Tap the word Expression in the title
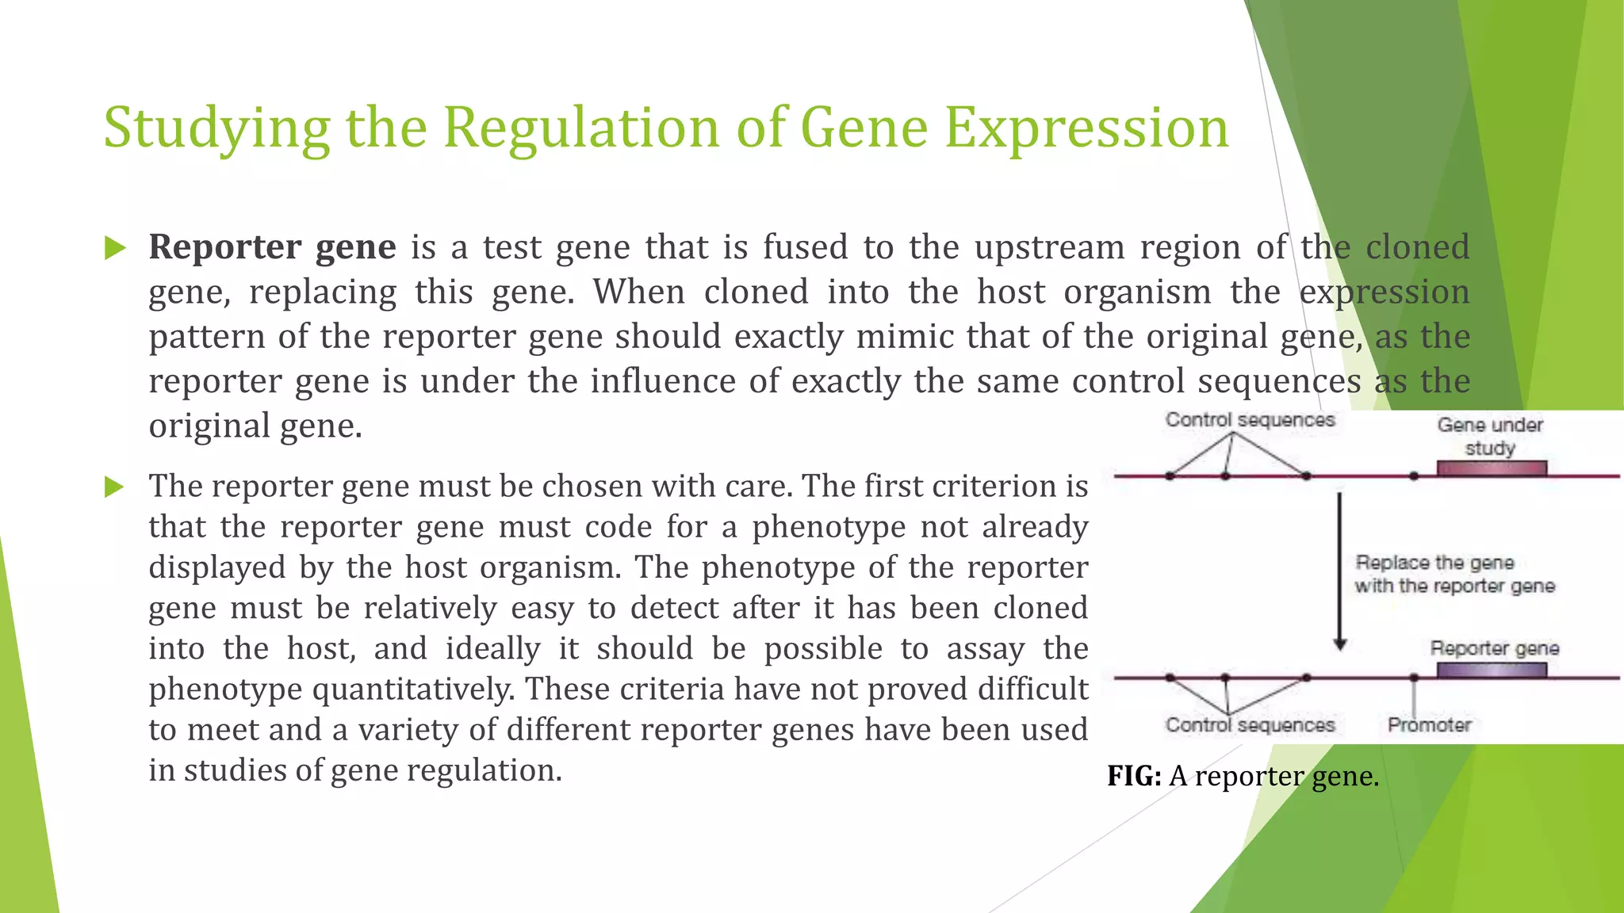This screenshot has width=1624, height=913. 1086,128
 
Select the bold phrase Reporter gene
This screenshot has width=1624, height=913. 272,247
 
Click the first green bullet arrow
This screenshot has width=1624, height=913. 116,249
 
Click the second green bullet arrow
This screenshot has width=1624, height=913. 116,487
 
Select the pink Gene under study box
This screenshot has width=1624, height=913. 1492,468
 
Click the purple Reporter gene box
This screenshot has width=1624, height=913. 1492,670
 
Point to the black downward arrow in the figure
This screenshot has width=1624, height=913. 1340,571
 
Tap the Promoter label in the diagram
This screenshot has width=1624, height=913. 1429,725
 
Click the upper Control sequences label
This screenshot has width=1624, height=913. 1250,420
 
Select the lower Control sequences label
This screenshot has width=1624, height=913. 1250,725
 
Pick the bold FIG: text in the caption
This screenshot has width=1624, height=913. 1134,776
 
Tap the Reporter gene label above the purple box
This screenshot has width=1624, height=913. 1494,648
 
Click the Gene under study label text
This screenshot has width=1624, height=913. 1490,436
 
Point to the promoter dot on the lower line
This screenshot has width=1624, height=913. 1414,678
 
